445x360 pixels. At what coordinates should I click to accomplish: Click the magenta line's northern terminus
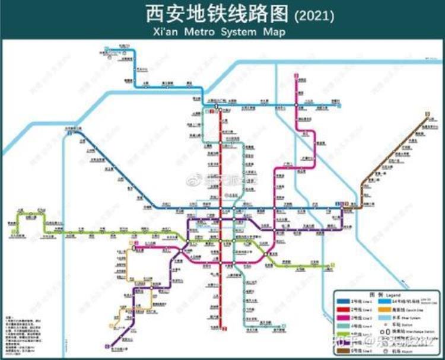[295, 76]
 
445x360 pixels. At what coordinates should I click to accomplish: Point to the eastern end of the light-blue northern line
[343, 105]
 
